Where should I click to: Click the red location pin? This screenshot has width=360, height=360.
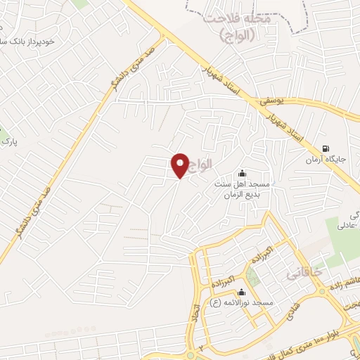coord(180,165)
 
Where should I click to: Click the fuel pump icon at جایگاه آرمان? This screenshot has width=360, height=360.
coord(326,148)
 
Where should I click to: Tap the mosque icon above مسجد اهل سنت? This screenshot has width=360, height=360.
coord(243,173)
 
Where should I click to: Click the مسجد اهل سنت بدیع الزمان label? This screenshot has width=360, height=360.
coord(247,188)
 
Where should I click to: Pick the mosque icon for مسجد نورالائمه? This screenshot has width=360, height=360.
coord(243,292)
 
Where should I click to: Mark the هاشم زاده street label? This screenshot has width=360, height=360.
coord(345,282)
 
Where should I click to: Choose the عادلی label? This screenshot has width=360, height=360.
coord(349,227)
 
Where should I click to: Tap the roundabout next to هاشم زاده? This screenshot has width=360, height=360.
coord(323,290)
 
